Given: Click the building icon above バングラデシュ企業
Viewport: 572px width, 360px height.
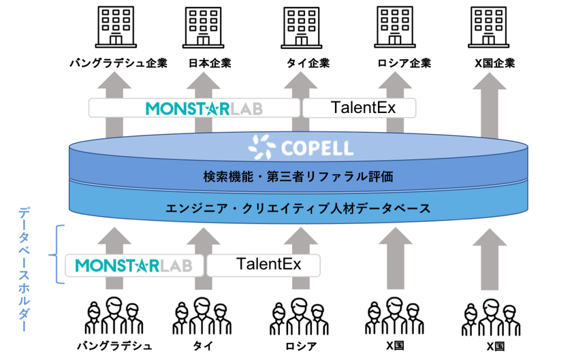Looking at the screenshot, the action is pyautogui.click(x=116, y=27).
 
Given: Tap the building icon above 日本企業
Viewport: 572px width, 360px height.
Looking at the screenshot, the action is pyautogui.click(x=203, y=27).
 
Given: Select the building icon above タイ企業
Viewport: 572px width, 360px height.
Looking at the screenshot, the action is pyautogui.click(x=301, y=27).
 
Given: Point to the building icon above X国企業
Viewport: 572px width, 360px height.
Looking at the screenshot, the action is pyautogui.click(x=488, y=27).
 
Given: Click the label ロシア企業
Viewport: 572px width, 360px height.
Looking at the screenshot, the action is pyautogui.click(x=404, y=63).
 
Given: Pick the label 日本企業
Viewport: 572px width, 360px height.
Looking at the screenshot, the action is pyautogui.click(x=210, y=63).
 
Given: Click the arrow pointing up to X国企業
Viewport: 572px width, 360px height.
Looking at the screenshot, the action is pyautogui.click(x=489, y=105).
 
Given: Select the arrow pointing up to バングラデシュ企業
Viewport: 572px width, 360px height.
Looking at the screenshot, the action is pyautogui.click(x=114, y=104).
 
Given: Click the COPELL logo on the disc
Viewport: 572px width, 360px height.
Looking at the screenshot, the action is pyautogui.click(x=300, y=148).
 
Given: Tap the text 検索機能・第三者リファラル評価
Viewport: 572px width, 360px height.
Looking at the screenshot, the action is pyautogui.click(x=298, y=177).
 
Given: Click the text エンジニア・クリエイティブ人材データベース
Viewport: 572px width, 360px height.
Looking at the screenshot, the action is pyautogui.click(x=298, y=209).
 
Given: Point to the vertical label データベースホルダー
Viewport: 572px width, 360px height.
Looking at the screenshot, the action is pyautogui.click(x=24, y=270).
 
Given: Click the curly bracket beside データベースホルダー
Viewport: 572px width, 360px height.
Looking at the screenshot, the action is pyautogui.click(x=56, y=255).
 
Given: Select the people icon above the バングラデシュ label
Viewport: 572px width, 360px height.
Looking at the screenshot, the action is pyautogui.click(x=114, y=316).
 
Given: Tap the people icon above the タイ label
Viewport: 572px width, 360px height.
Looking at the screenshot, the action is pyautogui.click(x=202, y=316).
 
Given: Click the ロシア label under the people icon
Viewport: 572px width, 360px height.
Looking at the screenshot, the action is pyautogui.click(x=301, y=346).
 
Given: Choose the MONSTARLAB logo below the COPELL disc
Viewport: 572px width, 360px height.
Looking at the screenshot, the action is pyautogui.click(x=134, y=265).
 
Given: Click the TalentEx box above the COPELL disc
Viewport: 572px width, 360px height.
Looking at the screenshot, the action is pyautogui.click(x=360, y=108).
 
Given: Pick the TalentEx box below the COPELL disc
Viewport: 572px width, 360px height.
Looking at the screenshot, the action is pyautogui.click(x=264, y=265).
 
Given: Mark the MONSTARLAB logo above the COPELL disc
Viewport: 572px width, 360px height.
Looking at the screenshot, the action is pyautogui.click(x=204, y=109).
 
